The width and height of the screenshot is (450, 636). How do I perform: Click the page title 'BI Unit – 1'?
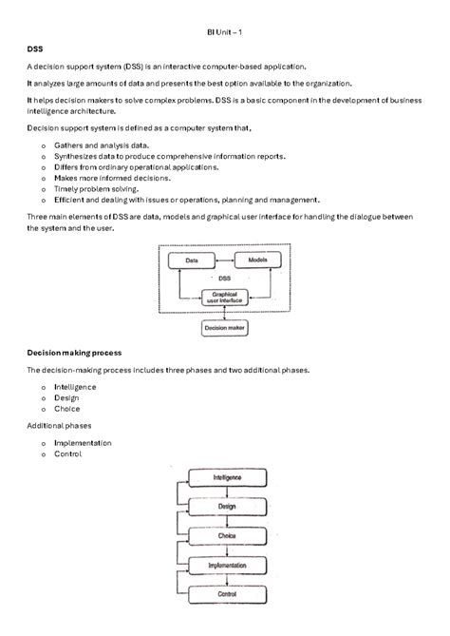225,32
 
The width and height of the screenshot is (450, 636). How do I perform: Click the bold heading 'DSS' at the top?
35,48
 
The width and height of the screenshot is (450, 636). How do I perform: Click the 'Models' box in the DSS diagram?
257,260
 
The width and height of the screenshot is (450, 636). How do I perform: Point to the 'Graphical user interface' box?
224,299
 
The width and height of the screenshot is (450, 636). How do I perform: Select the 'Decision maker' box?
225,329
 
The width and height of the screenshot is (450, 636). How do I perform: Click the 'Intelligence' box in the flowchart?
227,477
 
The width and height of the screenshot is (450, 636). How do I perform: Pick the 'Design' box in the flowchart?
227,507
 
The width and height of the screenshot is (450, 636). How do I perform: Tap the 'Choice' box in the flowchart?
227,536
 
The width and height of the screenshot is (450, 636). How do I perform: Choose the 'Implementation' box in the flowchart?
227,566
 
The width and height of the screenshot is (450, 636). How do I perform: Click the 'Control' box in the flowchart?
227,594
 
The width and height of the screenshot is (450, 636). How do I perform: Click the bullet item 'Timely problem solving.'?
98,188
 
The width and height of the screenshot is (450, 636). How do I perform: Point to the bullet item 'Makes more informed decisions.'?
112,178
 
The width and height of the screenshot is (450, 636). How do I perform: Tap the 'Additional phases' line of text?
59,425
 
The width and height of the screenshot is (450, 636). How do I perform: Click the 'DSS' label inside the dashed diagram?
225,279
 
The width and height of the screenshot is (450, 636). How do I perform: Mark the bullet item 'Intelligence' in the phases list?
75,387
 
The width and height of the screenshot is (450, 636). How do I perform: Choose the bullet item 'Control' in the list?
67,454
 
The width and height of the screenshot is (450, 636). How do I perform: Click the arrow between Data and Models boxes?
224,260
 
